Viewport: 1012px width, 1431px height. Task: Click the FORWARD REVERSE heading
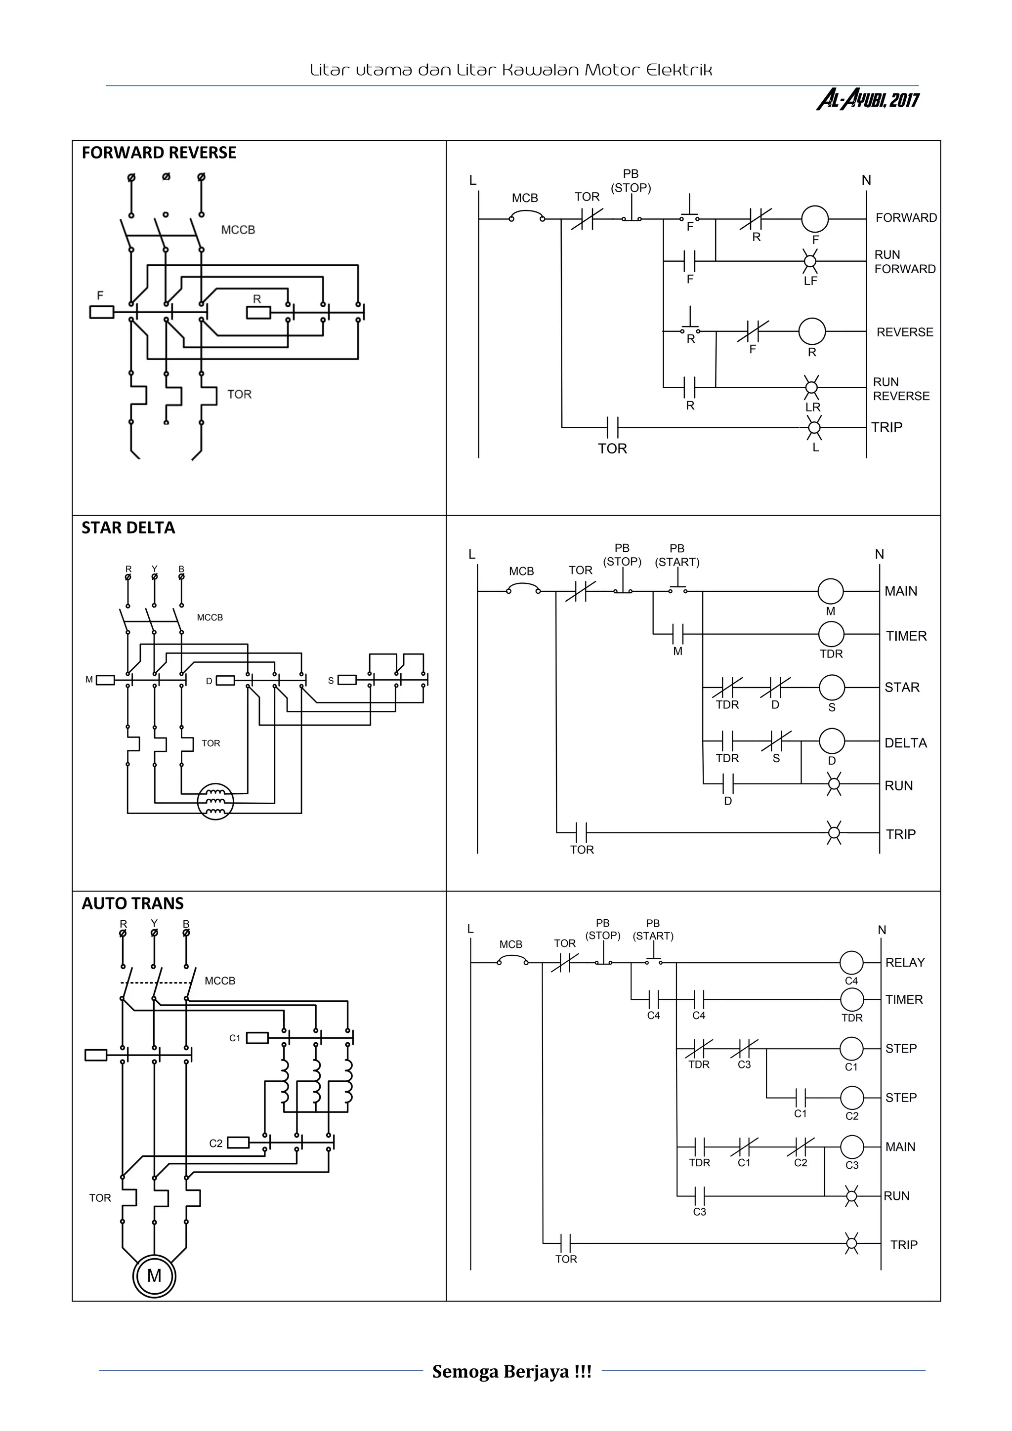coord(159,153)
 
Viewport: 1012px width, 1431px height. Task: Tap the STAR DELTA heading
coord(128,528)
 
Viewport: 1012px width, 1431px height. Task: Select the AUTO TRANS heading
coord(132,904)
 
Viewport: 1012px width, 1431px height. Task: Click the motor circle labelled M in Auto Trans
coord(154,1275)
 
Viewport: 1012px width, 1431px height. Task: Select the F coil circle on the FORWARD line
coord(814,219)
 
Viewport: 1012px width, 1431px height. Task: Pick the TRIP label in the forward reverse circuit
coord(886,428)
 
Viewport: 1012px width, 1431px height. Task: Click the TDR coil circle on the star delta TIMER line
coord(831,634)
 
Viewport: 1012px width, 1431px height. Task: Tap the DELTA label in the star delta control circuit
coord(905,743)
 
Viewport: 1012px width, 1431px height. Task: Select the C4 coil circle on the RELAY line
coord(851,963)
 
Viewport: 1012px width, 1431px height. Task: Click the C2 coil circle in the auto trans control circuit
coord(852,1098)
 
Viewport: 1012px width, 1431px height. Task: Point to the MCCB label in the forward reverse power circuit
coord(238,230)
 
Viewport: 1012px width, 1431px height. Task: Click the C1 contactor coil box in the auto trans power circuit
coord(257,1038)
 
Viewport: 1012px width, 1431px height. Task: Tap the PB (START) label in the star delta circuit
coord(676,555)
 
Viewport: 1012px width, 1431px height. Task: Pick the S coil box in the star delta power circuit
coord(347,680)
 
